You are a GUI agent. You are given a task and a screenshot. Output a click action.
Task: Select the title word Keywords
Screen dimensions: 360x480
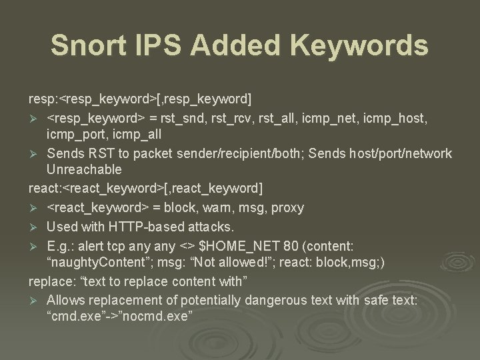(x=355, y=45)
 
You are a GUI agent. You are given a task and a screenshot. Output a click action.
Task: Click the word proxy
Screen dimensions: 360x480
(x=285, y=208)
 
